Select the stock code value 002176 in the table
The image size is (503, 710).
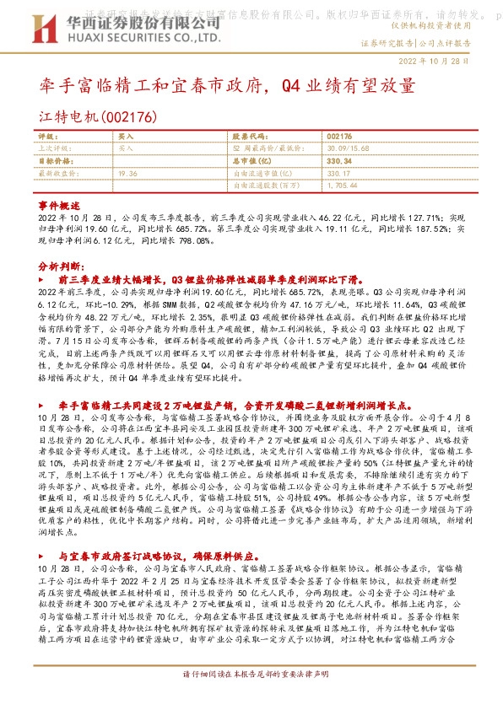(x=338, y=136)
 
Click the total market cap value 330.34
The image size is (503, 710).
(x=338, y=159)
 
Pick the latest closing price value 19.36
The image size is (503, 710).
(x=128, y=172)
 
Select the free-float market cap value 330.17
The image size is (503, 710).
(x=338, y=172)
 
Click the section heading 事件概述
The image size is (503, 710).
(x=59, y=206)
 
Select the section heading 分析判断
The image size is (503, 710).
(x=59, y=265)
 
